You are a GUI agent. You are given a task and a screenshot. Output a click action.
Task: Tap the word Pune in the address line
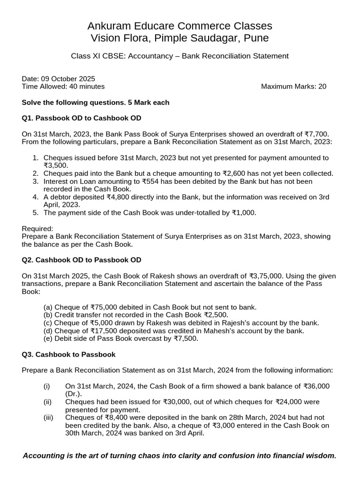(256, 38)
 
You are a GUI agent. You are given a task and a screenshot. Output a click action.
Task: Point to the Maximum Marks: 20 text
(293, 86)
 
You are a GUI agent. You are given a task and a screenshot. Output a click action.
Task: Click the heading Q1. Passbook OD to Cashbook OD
(82, 118)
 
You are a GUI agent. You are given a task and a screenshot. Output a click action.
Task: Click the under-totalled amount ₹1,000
(244, 212)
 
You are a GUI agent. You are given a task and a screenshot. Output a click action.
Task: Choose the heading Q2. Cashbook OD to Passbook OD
(82, 260)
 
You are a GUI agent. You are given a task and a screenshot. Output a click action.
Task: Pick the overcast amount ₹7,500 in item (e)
(186, 338)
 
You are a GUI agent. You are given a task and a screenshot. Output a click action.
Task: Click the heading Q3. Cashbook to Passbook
(68, 354)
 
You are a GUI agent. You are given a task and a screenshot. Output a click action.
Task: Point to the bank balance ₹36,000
(316, 386)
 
